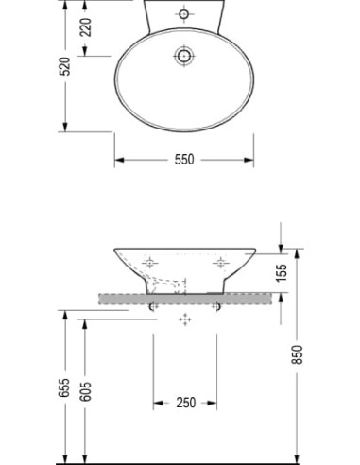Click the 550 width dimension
(184, 160)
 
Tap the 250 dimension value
(185, 403)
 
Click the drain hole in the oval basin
(183, 57)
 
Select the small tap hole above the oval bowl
(183, 14)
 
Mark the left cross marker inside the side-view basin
(149, 262)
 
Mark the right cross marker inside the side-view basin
(221, 262)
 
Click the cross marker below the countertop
(185, 321)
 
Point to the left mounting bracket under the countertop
(153, 306)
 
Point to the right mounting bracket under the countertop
(218, 306)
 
